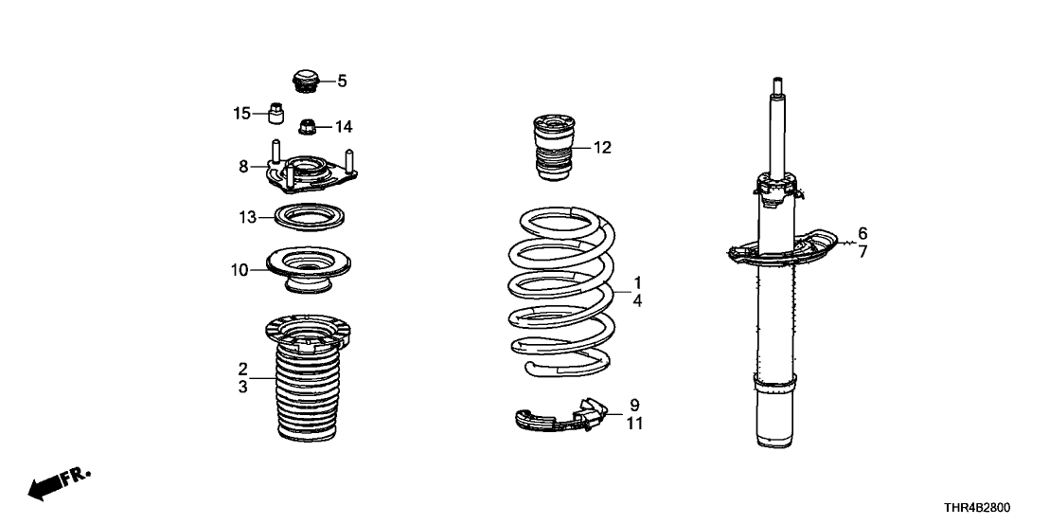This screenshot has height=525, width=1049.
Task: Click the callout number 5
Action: pos(342,81)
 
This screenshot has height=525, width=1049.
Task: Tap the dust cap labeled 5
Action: pos(306,81)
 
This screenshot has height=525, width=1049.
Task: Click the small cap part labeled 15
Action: pos(276,114)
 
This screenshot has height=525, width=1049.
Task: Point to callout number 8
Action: pos(243,166)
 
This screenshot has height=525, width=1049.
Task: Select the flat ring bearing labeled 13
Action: pos(308,218)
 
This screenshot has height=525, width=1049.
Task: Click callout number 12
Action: pos(602,147)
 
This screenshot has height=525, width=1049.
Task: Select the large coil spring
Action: pos(560,294)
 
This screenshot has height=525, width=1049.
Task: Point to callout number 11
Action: pos(634,424)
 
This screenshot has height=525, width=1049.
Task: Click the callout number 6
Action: pos(862,233)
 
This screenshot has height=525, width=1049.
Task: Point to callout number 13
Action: pos(246,218)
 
